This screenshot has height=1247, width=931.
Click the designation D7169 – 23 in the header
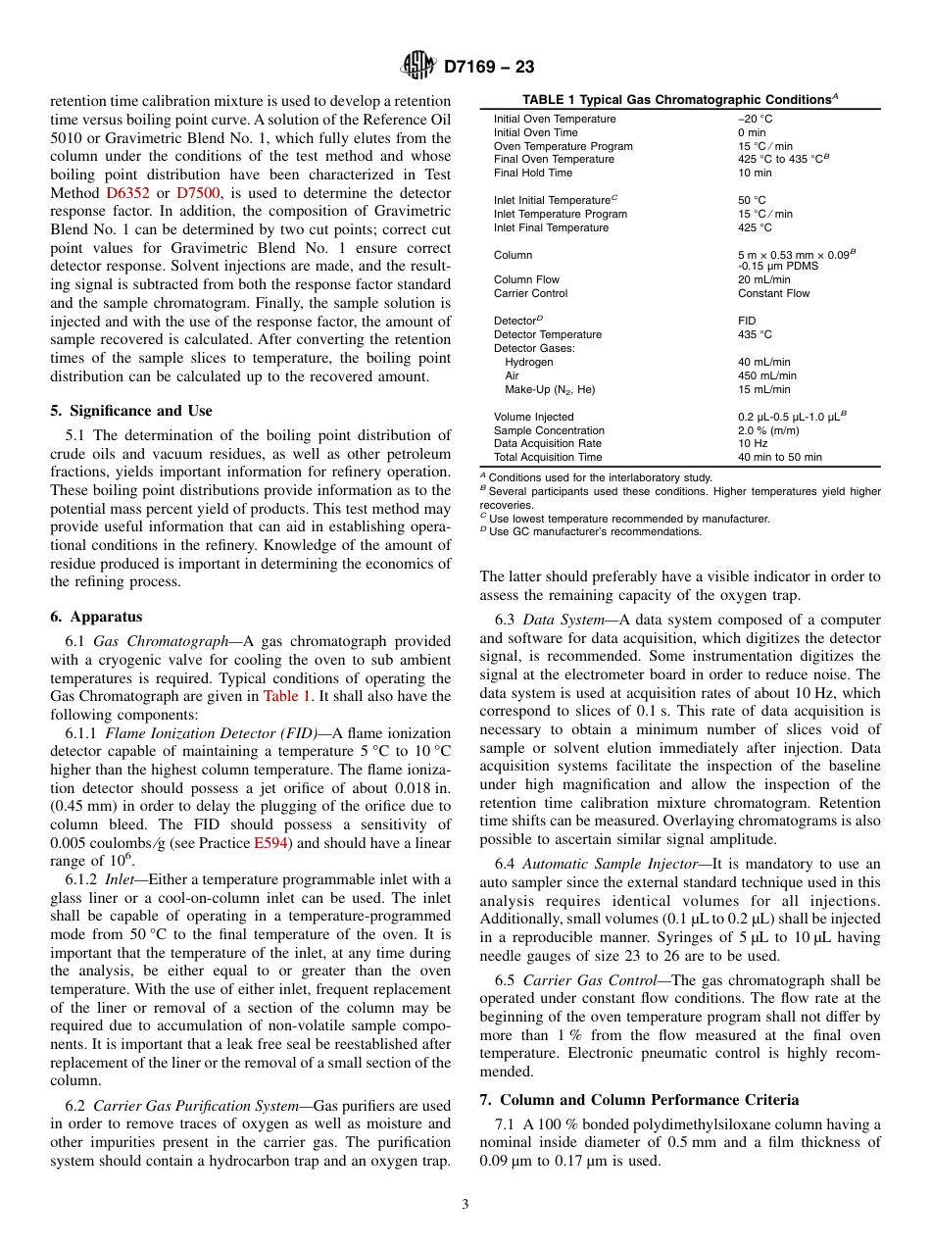(x=489, y=68)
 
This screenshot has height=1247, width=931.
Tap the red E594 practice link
(x=269, y=843)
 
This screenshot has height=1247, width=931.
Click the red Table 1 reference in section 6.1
(x=287, y=696)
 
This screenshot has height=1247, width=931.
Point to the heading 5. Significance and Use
(x=131, y=411)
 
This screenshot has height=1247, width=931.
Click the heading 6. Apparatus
(x=96, y=617)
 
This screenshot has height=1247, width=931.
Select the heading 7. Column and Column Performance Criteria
(x=639, y=1099)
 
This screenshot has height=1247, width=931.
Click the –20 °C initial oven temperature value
(x=756, y=119)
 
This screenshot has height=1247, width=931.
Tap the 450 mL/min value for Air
(x=766, y=375)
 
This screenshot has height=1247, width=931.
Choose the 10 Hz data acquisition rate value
(x=752, y=443)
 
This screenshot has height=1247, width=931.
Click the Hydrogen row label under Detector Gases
(x=528, y=362)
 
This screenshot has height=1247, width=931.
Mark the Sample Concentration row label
(x=549, y=430)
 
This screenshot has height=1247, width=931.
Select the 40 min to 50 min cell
(x=779, y=457)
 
